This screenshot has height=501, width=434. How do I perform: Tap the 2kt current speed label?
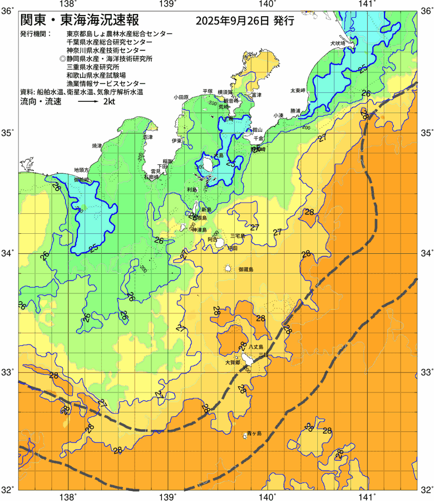tap(110, 102)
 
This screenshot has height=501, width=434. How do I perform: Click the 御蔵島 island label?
tap(245, 269)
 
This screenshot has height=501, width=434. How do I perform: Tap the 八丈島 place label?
tap(255, 346)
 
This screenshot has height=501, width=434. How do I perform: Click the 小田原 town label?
tap(181, 96)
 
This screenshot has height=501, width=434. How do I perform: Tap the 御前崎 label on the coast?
tap(82, 179)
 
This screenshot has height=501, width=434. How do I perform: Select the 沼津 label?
tap(147, 136)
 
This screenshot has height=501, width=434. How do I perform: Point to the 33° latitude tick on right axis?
tap(426, 372)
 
